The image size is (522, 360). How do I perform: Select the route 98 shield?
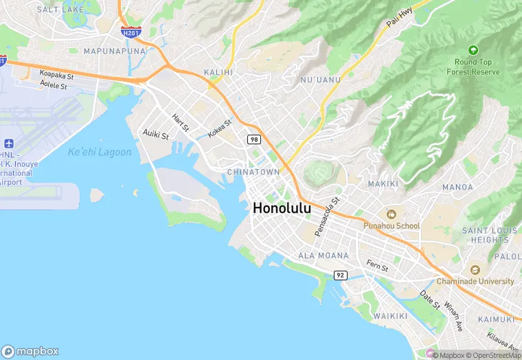(254, 139)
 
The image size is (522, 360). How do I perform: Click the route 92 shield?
(340, 275)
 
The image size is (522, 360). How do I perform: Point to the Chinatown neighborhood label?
(253, 171)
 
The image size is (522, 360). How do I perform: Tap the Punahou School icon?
(391, 214)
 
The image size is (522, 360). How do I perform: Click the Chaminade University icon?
(475, 269)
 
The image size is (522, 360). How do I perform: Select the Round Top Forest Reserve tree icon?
(473, 50)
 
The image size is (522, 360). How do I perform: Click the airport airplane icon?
(9, 144)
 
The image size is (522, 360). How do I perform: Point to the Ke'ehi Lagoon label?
(100, 153)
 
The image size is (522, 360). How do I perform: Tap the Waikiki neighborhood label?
(391, 315)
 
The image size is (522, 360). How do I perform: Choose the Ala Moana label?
(324, 256)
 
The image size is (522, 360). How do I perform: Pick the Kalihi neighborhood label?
(218, 72)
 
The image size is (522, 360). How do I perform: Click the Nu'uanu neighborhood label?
(320, 80)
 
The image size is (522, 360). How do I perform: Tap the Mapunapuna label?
(115, 52)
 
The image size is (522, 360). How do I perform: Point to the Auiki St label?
(155, 134)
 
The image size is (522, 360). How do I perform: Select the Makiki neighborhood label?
(383, 184)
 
